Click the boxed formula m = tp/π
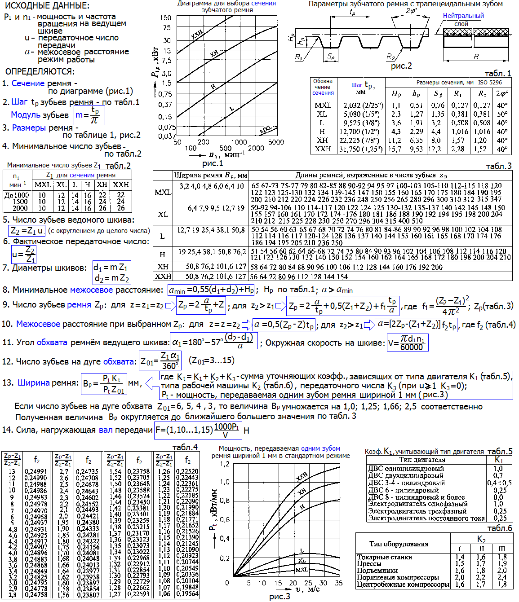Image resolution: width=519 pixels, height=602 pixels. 89,115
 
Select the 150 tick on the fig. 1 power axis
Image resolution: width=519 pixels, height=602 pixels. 166,18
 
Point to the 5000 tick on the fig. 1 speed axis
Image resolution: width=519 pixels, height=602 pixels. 276,142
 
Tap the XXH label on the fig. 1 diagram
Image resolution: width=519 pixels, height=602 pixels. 196,34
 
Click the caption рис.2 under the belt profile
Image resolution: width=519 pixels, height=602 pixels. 401,66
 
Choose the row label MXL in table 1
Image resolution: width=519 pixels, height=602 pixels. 323,105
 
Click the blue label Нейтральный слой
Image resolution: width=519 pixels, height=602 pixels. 463,19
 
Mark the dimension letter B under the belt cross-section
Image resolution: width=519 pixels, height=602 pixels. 476,57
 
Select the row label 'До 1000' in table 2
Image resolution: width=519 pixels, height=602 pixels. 17,195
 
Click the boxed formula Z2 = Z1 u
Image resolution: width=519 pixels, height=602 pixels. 27,231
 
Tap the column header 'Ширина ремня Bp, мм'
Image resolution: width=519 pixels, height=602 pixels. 211,175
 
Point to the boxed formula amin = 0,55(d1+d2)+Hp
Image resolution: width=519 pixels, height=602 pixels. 211,290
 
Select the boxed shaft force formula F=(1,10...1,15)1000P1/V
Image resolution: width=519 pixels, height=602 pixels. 198,430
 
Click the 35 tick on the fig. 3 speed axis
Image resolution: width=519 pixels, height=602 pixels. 338,583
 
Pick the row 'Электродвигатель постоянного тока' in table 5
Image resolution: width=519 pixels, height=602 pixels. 426,518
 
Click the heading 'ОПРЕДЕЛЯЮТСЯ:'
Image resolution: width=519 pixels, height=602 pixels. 40,71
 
